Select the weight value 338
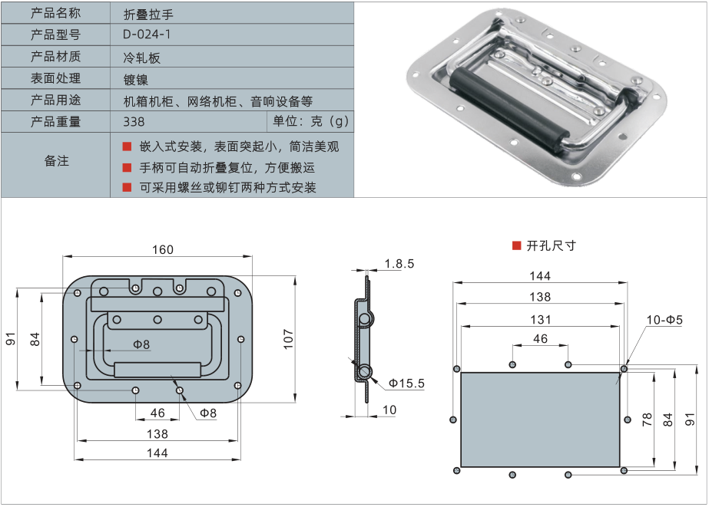(x=134, y=121)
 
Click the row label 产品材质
(x=55, y=57)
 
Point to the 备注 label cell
(x=55, y=161)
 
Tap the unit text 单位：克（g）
(x=310, y=121)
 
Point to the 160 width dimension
(x=163, y=249)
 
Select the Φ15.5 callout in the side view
(x=406, y=383)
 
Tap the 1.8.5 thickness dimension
(x=399, y=264)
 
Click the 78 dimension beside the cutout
(x=647, y=419)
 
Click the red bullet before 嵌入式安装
(x=128, y=146)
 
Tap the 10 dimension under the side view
(x=389, y=410)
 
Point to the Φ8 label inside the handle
(x=141, y=345)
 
